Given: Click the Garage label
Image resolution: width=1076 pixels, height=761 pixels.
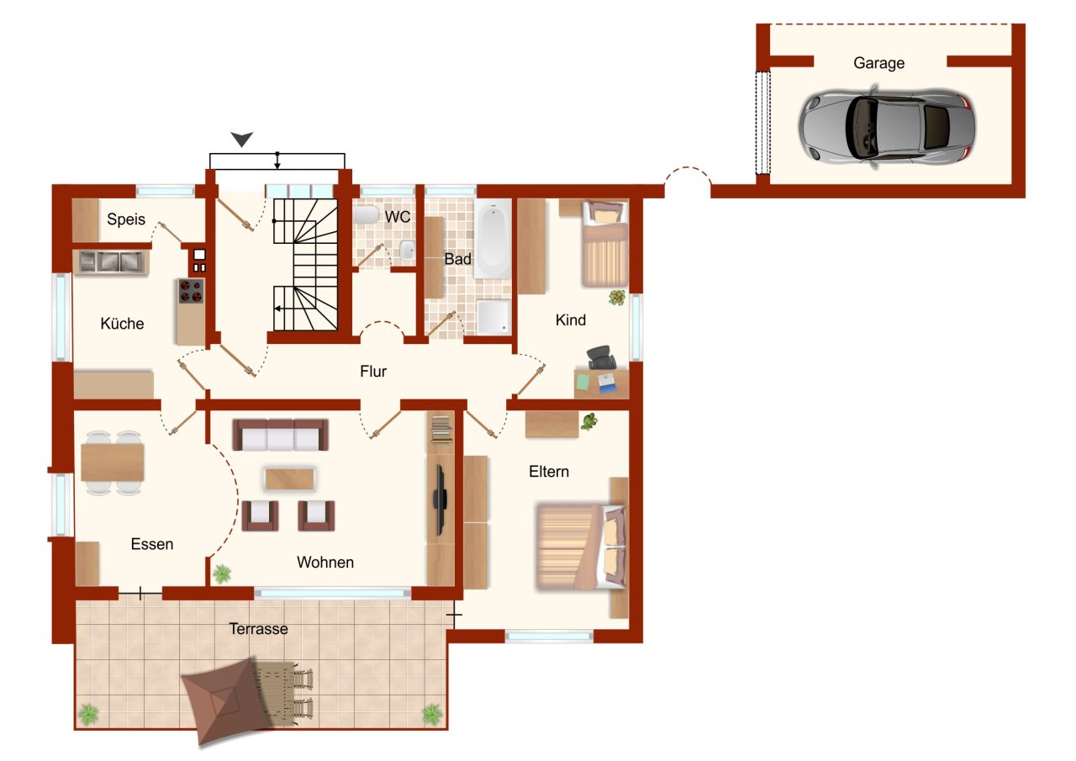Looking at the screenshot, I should [878, 63].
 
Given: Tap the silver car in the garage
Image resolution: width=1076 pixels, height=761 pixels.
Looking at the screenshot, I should [887, 127].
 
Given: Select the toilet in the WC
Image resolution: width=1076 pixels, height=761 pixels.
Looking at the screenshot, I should [367, 215].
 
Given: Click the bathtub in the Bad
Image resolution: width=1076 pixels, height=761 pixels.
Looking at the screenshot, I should [492, 238].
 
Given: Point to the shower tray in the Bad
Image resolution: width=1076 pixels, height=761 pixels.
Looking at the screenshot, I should [493, 315].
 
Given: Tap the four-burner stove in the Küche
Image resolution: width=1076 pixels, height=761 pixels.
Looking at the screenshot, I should [191, 291].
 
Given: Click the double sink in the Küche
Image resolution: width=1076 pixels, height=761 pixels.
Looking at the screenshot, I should [112, 262].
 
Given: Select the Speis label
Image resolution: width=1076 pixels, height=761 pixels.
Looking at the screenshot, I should [126, 219].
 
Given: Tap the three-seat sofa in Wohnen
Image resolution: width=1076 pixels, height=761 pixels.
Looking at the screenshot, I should [281, 435].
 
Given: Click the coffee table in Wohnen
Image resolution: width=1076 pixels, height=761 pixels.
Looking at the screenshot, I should [290, 479].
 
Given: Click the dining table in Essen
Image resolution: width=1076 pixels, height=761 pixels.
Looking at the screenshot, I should [113, 462].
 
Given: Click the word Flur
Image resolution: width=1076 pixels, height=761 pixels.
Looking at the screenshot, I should [373, 371].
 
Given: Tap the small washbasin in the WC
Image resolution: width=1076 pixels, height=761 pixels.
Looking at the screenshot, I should [407, 250].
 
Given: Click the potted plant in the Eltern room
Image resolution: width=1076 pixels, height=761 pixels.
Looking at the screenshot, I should [588, 421].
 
